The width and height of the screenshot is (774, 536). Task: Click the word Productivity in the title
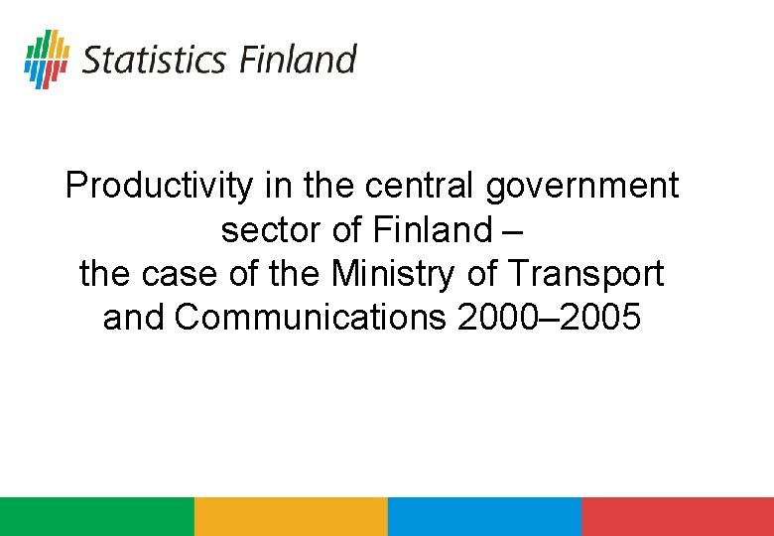pyautogui.click(x=159, y=186)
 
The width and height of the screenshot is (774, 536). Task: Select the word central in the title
pyautogui.click(x=422, y=186)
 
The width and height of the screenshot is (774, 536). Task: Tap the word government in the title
pyautogui.click(x=582, y=186)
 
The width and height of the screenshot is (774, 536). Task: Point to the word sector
pyautogui.click(x=272, y=230)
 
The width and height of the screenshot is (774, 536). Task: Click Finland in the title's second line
pyautogui.click(x=432, y=230)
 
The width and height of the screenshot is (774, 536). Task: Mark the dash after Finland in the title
pyautogui.click(x=512, y=230)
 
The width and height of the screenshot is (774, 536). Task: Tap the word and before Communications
pyautogui.click(x=135, y=318)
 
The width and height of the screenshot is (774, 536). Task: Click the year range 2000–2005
pyautogui.click(x=550, y=318)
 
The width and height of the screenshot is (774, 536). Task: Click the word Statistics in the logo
pyautogui.click(x=154, y=60)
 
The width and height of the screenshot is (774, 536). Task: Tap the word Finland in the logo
pyautogui.click(x=297, y=59)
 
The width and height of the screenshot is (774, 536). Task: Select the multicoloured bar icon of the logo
pyautogui.click(x=47, y=59)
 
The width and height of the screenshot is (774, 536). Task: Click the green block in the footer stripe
pyautogui.click(x=96, y=516)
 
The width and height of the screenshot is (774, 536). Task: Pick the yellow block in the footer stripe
pyautogui.click(x=290, y=516)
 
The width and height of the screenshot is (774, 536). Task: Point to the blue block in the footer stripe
pyautogui.click(x=483, y=516)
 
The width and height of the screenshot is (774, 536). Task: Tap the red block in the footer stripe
pyautogui.click(x=677, y=516)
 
